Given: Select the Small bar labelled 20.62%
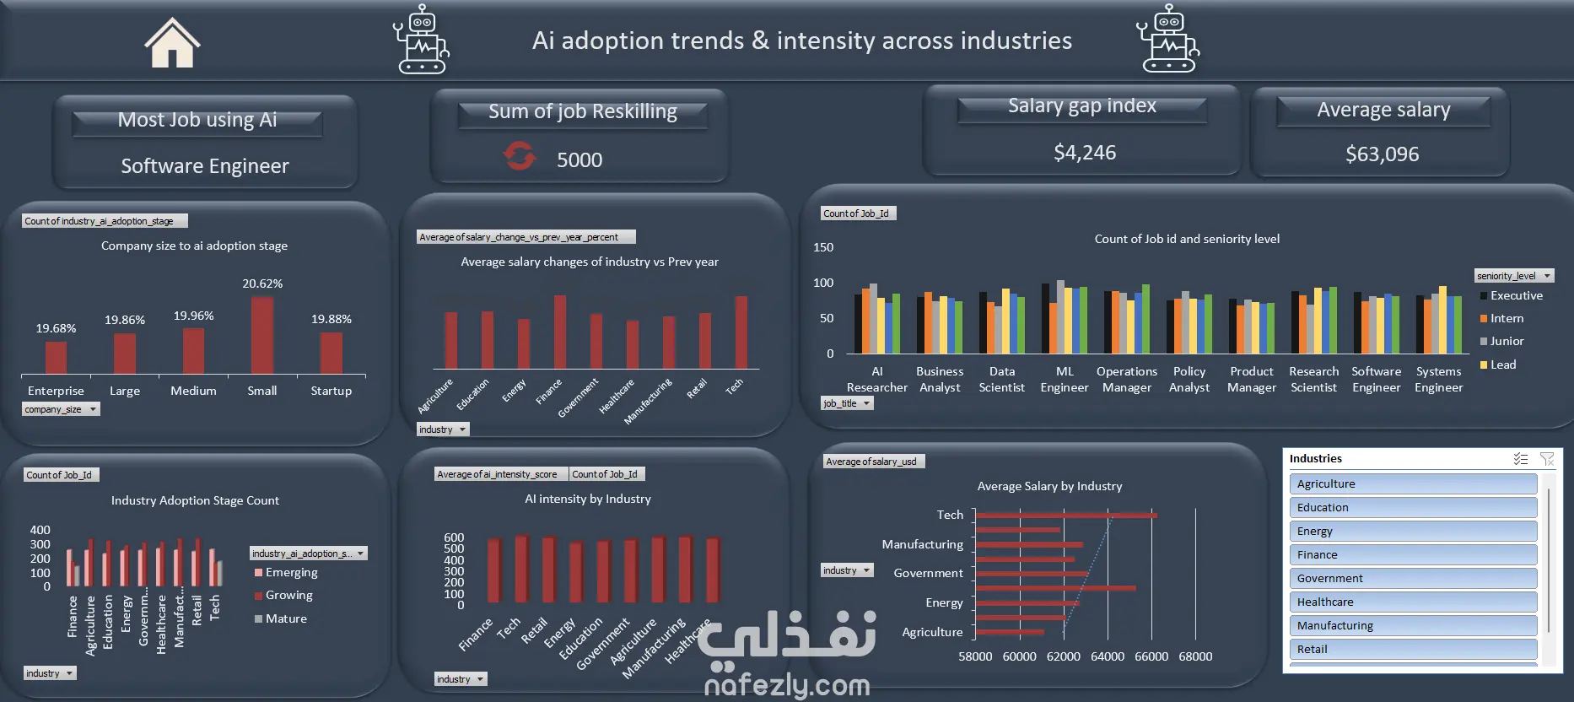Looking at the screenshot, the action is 262,335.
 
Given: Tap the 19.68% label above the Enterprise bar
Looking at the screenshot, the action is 56,328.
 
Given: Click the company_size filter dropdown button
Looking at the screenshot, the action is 93,409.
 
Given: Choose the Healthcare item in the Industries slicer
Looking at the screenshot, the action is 1413,602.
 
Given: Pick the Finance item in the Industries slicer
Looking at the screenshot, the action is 1413,554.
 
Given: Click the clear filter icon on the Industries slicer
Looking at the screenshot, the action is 1547,459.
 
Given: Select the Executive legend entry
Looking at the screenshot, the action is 1511,295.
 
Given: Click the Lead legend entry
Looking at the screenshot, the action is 1498,364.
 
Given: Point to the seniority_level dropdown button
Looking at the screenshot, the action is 1547,276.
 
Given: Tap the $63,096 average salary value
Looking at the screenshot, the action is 1382,154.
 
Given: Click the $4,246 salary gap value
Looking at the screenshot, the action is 1085,153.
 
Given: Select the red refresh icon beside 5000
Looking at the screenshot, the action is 520,156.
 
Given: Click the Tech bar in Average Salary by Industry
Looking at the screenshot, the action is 1066,515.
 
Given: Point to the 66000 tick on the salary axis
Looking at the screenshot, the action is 1151,656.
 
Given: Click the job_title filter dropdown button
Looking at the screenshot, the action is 866,403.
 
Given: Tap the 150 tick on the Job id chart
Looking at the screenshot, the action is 823,247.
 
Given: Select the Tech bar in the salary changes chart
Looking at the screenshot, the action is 741,332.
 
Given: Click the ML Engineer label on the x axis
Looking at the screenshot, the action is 1065,379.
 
